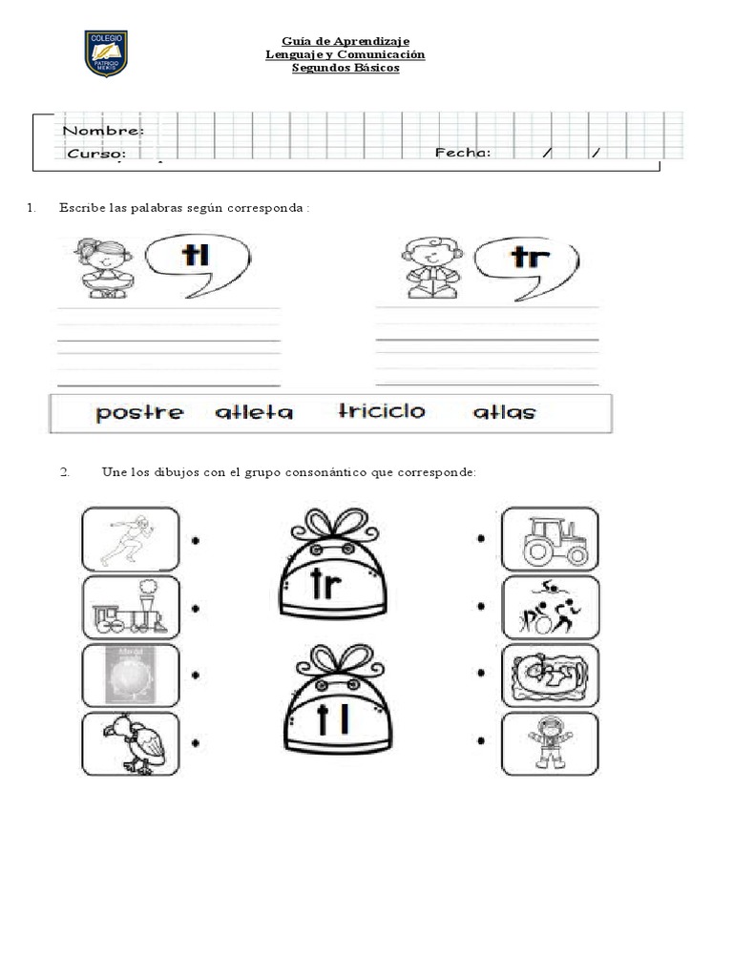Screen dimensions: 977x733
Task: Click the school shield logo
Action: (106, 53)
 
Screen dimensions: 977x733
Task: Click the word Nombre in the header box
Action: (104, 131)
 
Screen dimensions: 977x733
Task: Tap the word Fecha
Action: (463, 152)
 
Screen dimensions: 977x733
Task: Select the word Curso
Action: (95, 153)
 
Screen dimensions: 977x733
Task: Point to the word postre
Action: (139, 413)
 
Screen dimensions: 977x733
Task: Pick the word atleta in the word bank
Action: (254, 413)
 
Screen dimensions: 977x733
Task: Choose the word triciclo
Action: (382, 411)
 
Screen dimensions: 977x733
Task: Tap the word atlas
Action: (505, 412)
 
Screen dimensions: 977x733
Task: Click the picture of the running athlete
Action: (131, 539)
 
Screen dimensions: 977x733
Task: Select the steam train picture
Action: (131, 608)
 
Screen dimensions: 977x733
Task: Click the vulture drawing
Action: (131, 744)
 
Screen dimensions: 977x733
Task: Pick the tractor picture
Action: (551, 540)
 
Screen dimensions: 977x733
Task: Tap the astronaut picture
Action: (551, 744)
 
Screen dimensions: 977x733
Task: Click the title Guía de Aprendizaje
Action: (346, 41)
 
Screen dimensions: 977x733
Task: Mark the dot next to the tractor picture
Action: (481, 539)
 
